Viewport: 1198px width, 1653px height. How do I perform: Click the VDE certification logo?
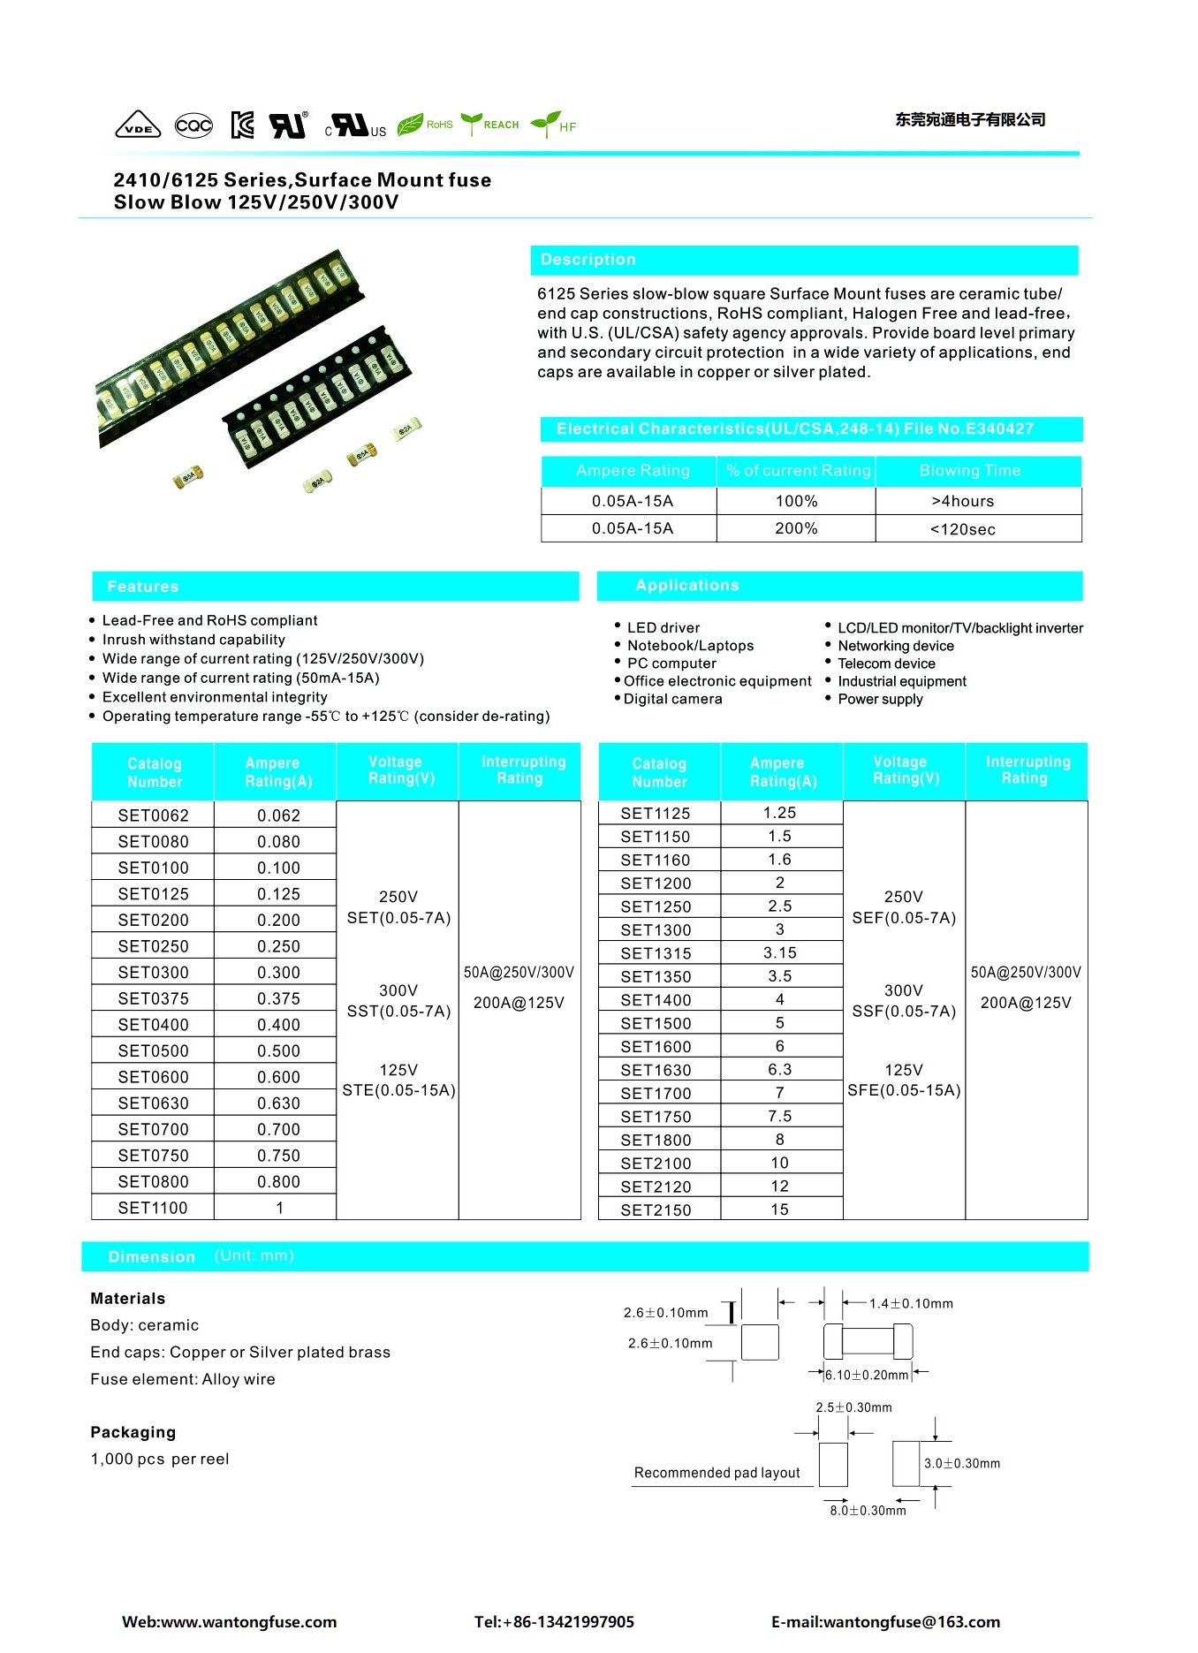pyautogui.click(x=138, y=125)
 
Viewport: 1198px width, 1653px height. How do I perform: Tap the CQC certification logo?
pyautogui.click(x=193, y=125)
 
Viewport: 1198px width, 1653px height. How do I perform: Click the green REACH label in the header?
pyautogui.click(x=500, y=125)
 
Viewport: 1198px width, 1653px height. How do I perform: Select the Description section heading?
pyautogui.click(x=588, y=260)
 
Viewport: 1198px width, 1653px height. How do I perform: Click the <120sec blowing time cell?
pyautogui.click(x=962, y=529)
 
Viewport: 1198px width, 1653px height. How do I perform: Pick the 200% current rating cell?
pyautogui.click(x=796, y=528)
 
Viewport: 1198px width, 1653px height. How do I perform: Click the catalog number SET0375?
pyautogui.click(x=153, y=998)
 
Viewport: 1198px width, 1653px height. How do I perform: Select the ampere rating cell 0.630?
pyautogui.click(x=278, y=1103)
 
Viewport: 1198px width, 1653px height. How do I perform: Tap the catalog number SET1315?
pyautogui.click(x=656, y=953)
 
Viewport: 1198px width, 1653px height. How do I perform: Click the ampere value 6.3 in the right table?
pyautogui.click(x=779, y=1069)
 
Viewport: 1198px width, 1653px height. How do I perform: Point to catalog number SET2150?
pyautogui.click(x=656, y=1209)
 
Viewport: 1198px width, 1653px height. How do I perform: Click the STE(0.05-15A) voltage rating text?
pyautogui.click(x=398, y=1090)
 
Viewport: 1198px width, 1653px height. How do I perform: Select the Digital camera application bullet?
pyautogui.click(x=672, y=699)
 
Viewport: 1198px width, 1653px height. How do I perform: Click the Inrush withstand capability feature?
pyautogui.click(x=193, y=640)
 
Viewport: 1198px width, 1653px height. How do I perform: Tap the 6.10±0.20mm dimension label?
pyautogui.click(x=866, y=1375)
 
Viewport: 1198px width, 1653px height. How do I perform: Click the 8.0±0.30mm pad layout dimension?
pyautogui.click(x=868, y=1511)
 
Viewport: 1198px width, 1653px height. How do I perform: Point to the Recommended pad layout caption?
pyautogui.click(x=717, y=1473)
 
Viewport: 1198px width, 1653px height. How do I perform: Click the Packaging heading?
pyautogui.click(x=133, y=1432)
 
